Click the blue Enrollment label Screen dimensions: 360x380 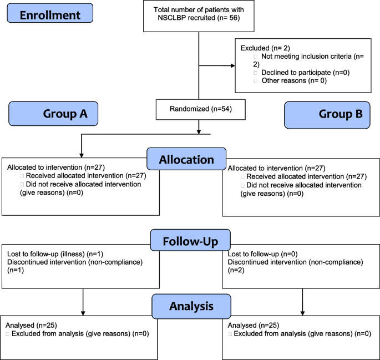pos(50,14)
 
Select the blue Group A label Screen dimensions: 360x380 pos(53,114)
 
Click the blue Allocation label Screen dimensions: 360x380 pos(186,159)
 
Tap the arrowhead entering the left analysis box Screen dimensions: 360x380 pos(82,313)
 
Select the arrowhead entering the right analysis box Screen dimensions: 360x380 pos(302,313)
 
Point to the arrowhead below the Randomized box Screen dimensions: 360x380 pos(199,130)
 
